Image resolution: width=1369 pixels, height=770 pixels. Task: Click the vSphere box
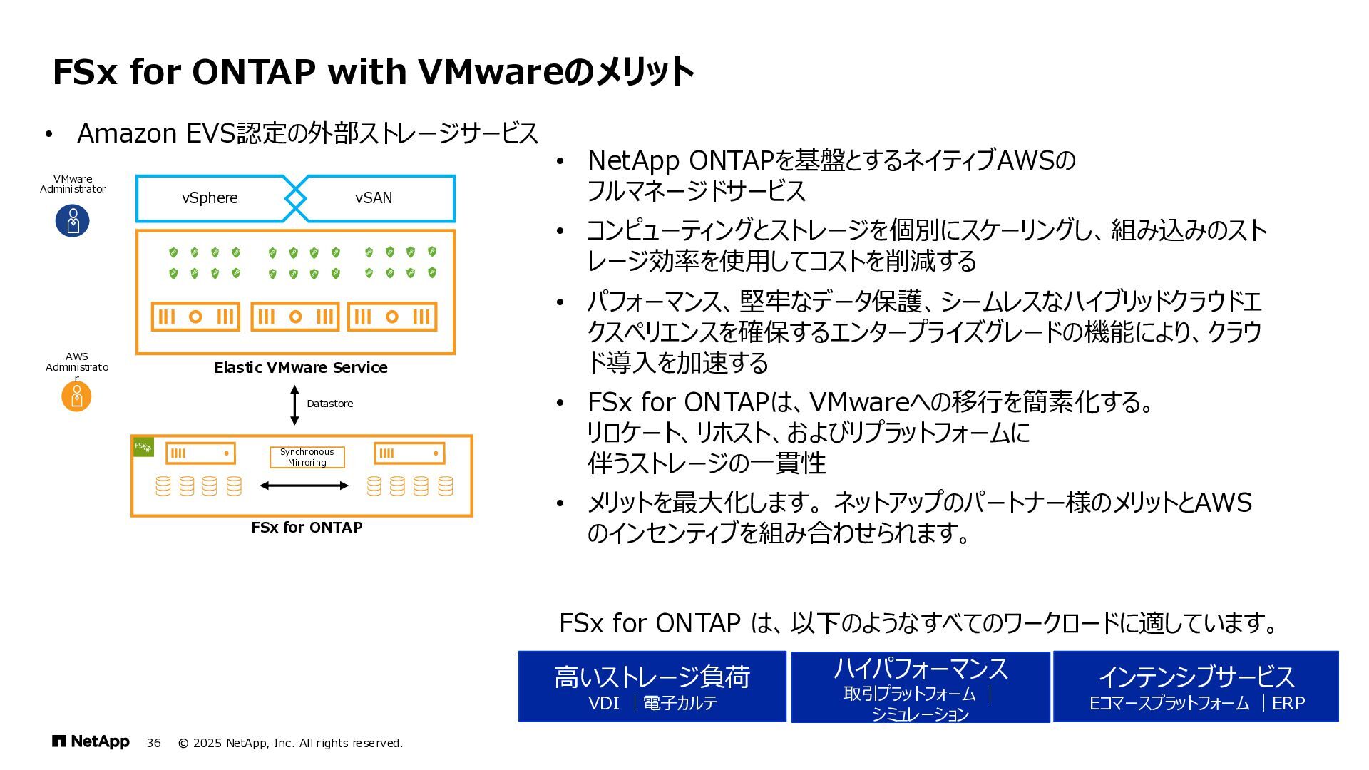click(x=210, y=198)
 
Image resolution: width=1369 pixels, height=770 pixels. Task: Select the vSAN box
click(x=374, y=198)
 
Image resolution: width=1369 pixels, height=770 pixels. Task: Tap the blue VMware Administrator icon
click(x=73, y=221)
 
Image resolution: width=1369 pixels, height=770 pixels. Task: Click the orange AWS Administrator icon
click(x=76, y=396)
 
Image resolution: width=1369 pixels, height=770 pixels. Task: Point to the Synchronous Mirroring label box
click(x=307, y=457)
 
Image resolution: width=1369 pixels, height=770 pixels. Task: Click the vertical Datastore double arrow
click(x=294, y=404)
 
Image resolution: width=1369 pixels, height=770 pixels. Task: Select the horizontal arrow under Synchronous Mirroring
click(x=304, y=486)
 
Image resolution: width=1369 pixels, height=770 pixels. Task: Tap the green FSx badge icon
click(x=143, y=447)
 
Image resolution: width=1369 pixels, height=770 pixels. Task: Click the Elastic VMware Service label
click(x=301, y=368)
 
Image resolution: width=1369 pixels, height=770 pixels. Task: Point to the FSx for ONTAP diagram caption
click(x=307, y=528)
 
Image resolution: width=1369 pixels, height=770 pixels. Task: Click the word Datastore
click(x=329, y=404)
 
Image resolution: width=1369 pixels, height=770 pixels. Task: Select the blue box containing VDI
click(x=652, y=686)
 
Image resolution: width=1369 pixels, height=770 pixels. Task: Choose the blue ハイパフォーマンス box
click(x=920, y=686)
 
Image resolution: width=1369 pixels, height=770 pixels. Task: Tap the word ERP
click(x=1288, y=704)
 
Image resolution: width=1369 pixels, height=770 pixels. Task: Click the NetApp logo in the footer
click(x=91, y=742)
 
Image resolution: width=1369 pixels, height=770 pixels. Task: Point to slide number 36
click(x=154, y=743)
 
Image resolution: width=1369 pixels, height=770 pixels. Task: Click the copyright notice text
click(x=290, y=743)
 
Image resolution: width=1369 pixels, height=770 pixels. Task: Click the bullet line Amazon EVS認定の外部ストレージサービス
click(x=307, y=133)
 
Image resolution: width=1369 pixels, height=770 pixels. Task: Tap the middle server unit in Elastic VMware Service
click(x=295, y=317)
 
